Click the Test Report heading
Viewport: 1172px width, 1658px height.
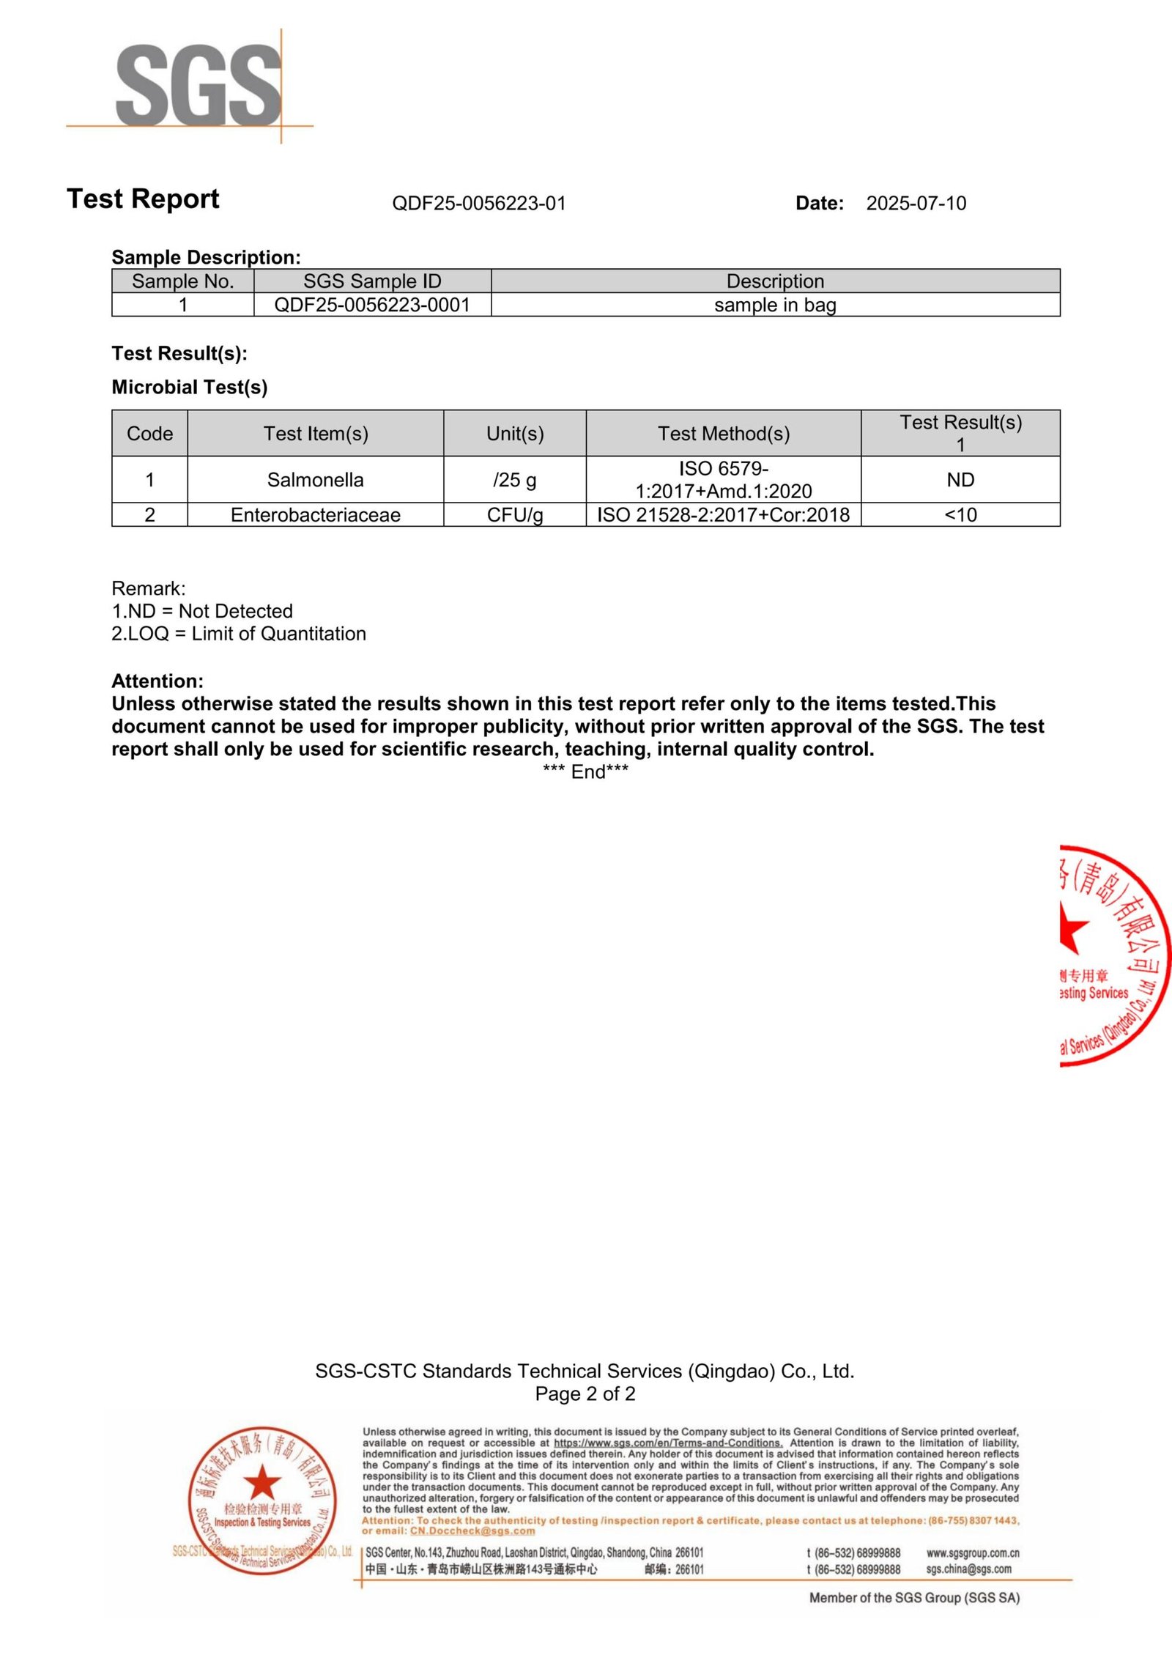pos(143,199)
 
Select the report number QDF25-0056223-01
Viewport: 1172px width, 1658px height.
pos(479,203)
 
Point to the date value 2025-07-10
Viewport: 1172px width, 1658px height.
pos(916,203)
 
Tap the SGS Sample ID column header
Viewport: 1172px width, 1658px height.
pos(372,281)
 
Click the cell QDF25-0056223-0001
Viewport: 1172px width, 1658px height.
pos(372,305)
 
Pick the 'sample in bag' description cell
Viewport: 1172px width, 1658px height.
pos(775,305)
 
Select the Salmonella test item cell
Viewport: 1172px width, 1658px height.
pos(315,480)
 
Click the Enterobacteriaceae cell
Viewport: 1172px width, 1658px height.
pos(315,515)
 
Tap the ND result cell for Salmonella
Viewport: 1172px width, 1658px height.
pos(960,480)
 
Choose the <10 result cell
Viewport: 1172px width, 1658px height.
pos(960,515)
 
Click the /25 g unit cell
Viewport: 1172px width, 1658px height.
pos(514,480)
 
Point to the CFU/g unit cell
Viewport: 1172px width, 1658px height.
pos(514,515)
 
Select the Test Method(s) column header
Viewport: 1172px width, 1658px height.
pos(724,434)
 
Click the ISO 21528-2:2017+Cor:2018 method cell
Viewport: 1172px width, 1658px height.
pos(724,515)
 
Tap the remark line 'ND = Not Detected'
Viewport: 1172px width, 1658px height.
pos(202,611)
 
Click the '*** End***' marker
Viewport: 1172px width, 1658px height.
pos(585,771)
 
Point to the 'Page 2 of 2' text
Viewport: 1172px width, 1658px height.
pos(585,1394)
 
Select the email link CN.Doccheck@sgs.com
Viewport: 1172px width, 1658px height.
pos(472,1531)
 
